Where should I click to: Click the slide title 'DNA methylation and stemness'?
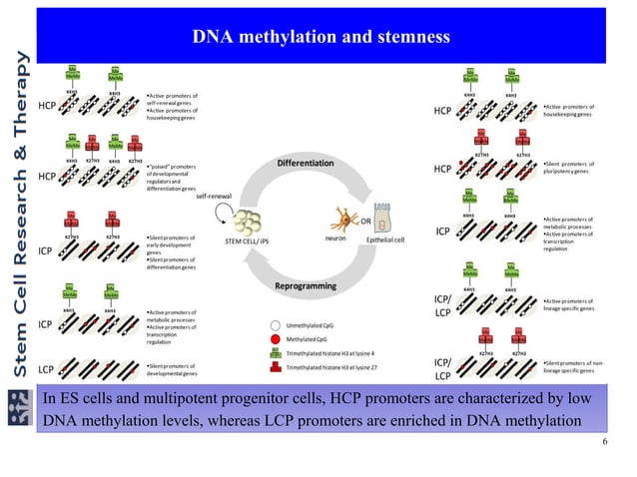(321, 38)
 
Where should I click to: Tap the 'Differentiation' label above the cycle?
(306, 163)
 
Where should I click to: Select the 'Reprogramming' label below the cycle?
(306, 287)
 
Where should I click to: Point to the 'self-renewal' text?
(215, 197)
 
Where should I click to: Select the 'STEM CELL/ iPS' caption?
(248, 240)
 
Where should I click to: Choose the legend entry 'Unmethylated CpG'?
(313, 325)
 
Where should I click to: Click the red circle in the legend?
(276, 339)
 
